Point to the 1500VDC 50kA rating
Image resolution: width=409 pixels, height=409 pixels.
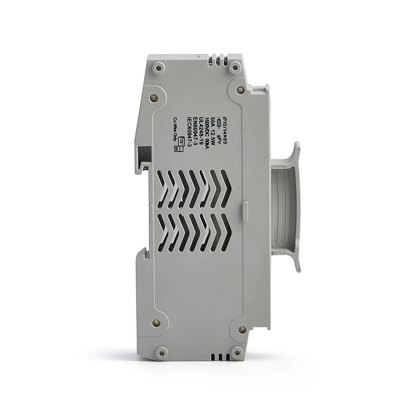[x=207, y=133]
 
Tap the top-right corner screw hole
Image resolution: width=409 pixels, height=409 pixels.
[x=235, y=67]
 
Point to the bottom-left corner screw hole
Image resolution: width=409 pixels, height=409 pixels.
[x=161, y=351]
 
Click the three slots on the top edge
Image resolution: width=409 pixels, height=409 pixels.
[x=216, y=61]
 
